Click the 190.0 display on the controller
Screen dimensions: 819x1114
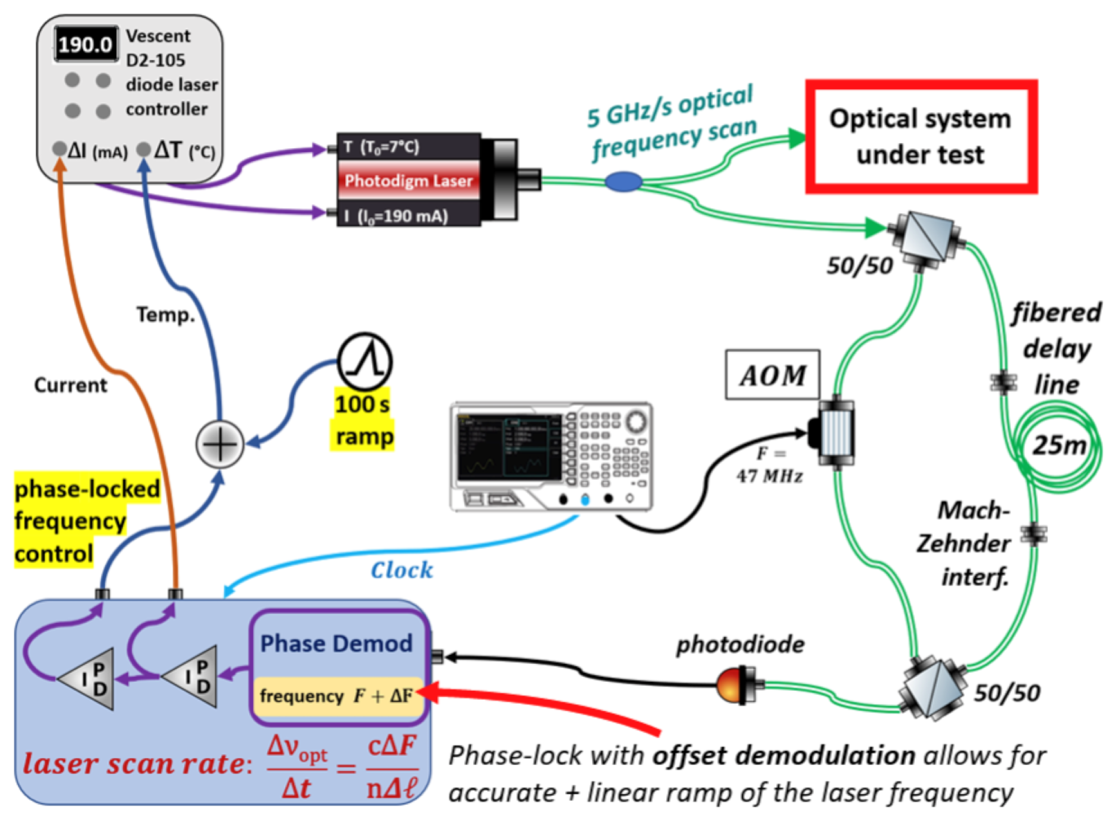86,45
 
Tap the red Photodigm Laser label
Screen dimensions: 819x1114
408,180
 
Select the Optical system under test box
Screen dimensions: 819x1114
920,136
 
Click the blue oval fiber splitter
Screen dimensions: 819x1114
623,181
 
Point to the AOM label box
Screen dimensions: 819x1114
772,375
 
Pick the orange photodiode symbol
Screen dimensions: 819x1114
731,686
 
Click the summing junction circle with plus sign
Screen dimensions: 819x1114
220,444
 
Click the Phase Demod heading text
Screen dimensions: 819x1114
336,644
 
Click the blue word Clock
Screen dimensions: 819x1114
401,571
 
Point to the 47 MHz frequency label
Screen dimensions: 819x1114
769,476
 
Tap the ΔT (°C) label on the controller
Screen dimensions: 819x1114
184,150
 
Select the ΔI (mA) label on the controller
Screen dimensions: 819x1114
97,150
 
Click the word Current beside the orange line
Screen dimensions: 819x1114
70,385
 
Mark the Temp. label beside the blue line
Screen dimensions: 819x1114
166,314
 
